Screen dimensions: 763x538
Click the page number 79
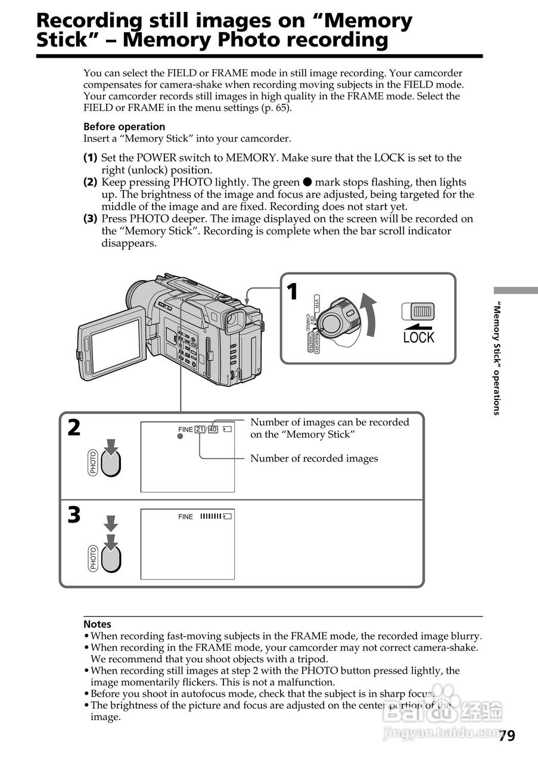(x=506, y=736)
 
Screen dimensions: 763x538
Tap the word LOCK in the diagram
(x=419, y=338)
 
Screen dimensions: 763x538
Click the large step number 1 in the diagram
(x=292, y=292)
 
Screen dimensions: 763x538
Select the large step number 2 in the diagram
(x=74, y=427)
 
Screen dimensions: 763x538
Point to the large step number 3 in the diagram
(x=74, y=515)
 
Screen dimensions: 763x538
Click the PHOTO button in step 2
(x=111, y=463)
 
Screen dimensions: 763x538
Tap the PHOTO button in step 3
(x=111, y=557)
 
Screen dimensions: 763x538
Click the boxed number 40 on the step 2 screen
(x=213, y=429)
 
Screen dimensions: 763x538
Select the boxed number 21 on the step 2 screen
(x=200, y=429)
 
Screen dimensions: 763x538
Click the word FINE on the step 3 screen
(x=185, y=517)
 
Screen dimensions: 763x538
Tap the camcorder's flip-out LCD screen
(x=115, y=345)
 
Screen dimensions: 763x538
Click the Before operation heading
(x=124, y=126)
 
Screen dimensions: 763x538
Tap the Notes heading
(x=97, y=624)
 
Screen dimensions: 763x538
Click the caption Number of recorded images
(x=314, y=458)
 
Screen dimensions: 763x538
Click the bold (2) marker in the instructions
(x=90, y=182)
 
